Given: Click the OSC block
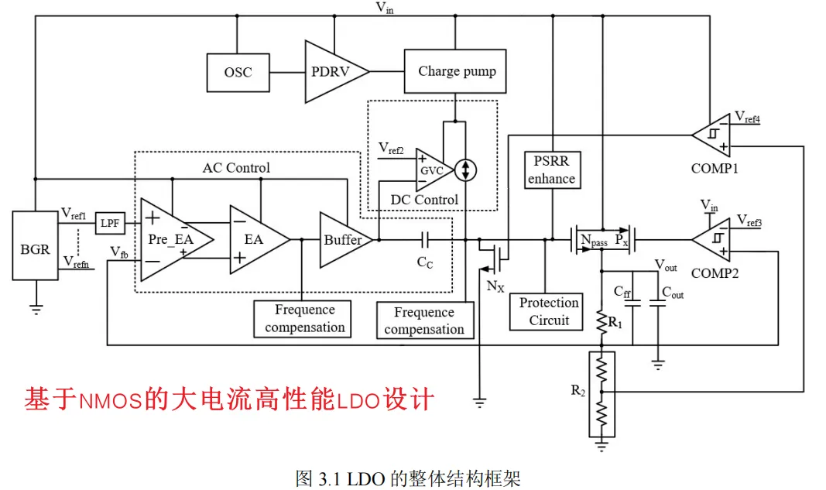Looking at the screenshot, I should click(x=238, y=72).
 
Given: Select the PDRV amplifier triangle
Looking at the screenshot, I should click(x=331, y=72).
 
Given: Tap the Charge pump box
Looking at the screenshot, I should click(x=456, y=71).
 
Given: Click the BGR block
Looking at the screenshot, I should click(x=35, y=248).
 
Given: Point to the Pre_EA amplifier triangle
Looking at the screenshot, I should click(x=172, y=239).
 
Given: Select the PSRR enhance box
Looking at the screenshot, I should click(x=551, y=170).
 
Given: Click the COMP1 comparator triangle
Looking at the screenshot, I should click(x=711, y=135).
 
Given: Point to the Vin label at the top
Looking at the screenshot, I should click(x=384, y=9).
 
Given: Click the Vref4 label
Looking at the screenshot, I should click(x=747, y=118).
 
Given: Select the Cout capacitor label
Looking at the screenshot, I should click(x=673, y=292).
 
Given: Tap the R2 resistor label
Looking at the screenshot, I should click(x=578, y=390).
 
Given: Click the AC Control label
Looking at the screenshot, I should click(x=236, y=168).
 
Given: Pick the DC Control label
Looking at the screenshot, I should click(x=424, y=200).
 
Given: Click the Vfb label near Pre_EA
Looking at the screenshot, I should click(x=119, y=252).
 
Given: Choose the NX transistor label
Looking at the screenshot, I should click(x=495, y=286).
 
